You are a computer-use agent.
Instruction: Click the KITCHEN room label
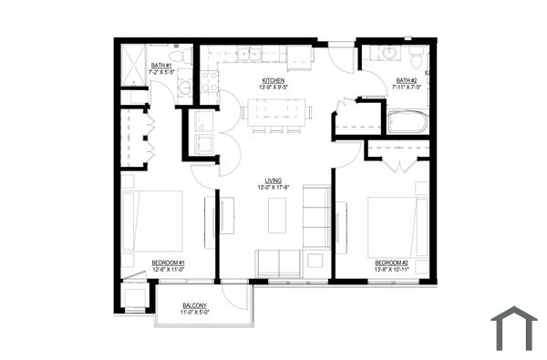click(x=273, y=81)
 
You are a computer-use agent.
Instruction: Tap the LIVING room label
click(x=273, y=180)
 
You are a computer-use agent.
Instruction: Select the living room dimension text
click(x=273, y=188)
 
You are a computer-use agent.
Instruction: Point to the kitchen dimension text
click(x=273, y=88)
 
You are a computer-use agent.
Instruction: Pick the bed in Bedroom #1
click(x=152, y=221)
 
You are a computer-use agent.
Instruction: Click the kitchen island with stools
click(x=275, y=113)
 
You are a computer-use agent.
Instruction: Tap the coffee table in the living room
click(x=277, y=215)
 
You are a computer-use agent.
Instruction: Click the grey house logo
click(x=513, y=328)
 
